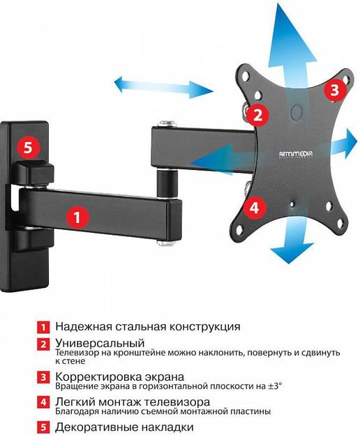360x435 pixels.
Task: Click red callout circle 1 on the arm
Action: [77, 216]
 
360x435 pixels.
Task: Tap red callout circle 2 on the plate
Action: [257, 114]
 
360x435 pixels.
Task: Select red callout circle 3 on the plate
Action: [334, 89]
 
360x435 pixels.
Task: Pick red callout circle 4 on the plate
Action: [254, 206]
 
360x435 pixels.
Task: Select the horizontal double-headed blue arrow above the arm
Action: [165, 86]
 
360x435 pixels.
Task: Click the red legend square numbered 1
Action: [43, 326]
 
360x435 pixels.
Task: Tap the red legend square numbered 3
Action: [43, 377]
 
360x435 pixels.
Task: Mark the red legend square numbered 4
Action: [43, 403]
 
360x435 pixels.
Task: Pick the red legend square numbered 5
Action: [43, 427]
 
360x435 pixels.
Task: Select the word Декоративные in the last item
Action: [91, 427]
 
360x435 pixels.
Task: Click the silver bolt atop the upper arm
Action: [165, 124]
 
